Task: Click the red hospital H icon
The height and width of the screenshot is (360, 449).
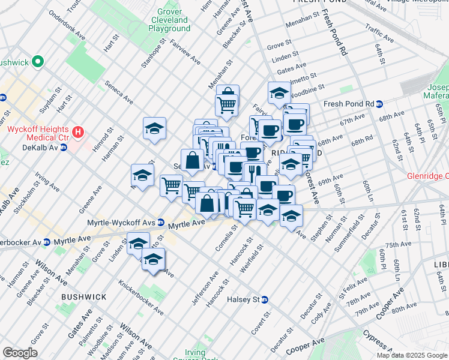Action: point(76,131)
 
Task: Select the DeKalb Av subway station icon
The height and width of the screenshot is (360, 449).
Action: point(63,146)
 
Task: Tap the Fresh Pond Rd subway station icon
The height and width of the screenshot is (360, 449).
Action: point(379,103)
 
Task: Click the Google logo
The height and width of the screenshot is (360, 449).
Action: point(20,353)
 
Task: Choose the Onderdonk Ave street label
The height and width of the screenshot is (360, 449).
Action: point(66,26)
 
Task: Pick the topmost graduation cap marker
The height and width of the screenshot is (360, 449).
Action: point(279,93)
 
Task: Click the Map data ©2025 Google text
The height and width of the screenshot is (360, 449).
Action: point(412,355)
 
